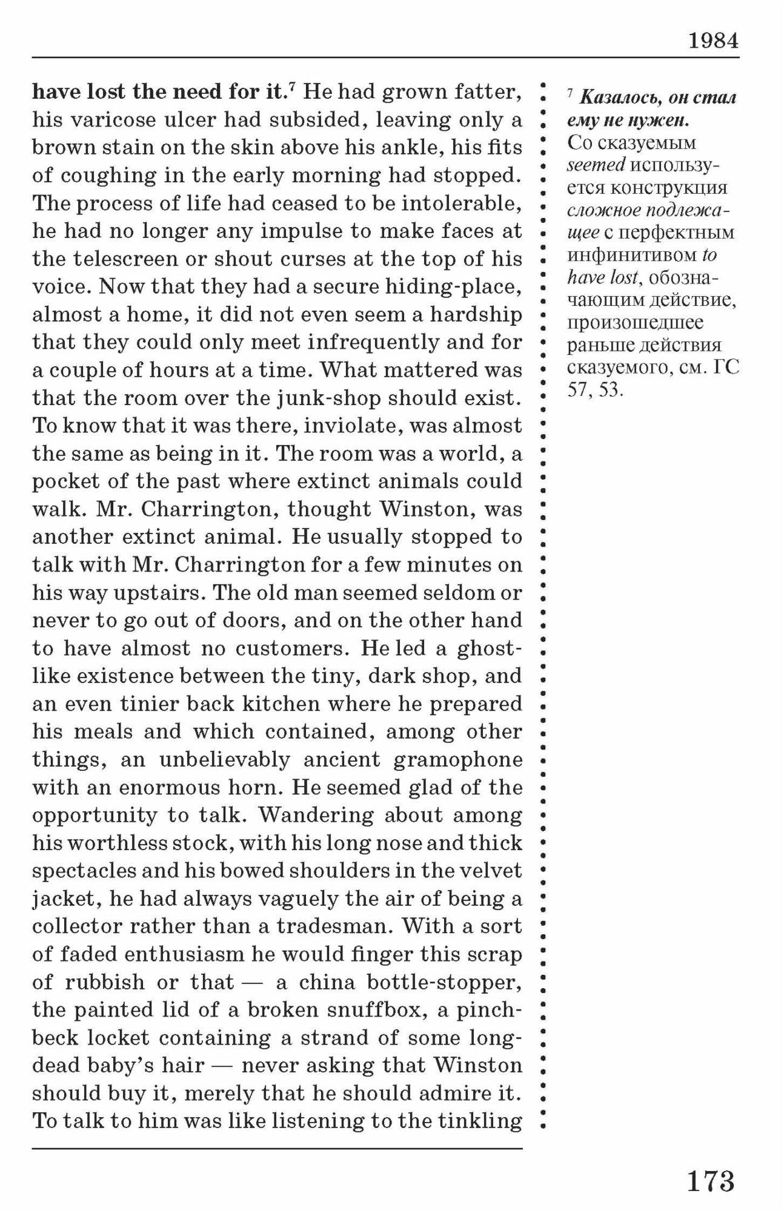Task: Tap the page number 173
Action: pyautogui.click(x=710, y=1180)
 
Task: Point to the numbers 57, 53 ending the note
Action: pyautogui.click(x=595, y=389)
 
